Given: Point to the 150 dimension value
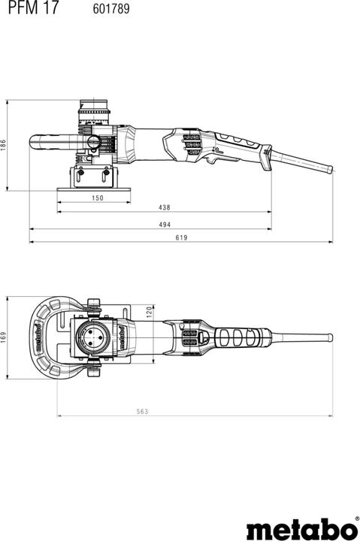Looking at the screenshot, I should (97, 198).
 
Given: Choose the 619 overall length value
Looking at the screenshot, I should (181, 237).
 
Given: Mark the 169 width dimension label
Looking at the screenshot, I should (4, 337).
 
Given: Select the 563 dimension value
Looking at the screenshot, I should (142, 411).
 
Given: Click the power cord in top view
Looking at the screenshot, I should (301, 337).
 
